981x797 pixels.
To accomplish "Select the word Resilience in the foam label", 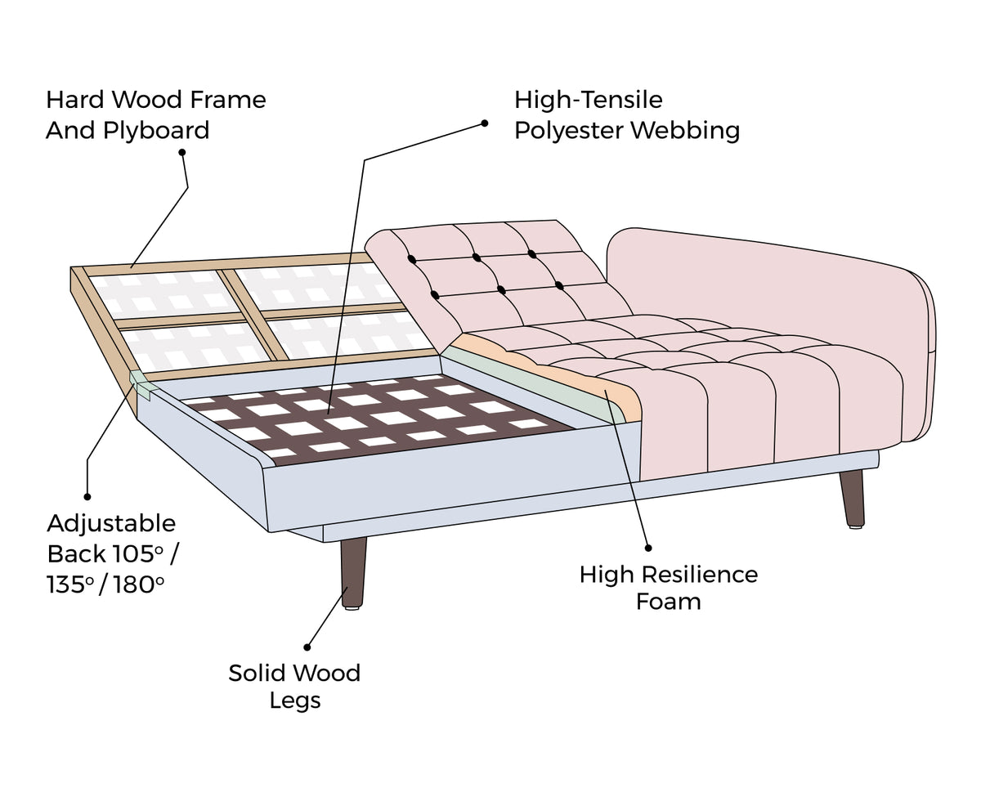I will tap(697, 575).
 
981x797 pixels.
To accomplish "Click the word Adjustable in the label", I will tap(111, 523).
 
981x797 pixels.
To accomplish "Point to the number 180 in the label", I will tap(135, 585).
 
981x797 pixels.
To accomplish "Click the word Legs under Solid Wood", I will tap(295, 701).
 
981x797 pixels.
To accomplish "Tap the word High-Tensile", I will tap(588, 101).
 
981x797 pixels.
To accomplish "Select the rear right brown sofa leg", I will tap(852, 497).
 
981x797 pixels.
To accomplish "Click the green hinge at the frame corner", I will tap(140, 383).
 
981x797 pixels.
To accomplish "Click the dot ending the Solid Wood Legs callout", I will tap(308, 646).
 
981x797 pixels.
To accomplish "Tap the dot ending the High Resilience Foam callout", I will tap(647, 548).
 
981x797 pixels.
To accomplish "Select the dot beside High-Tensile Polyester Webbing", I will tap(485, 123).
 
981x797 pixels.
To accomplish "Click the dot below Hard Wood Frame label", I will tap(181, 152).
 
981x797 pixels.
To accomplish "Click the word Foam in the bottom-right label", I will tap(669, 602).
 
